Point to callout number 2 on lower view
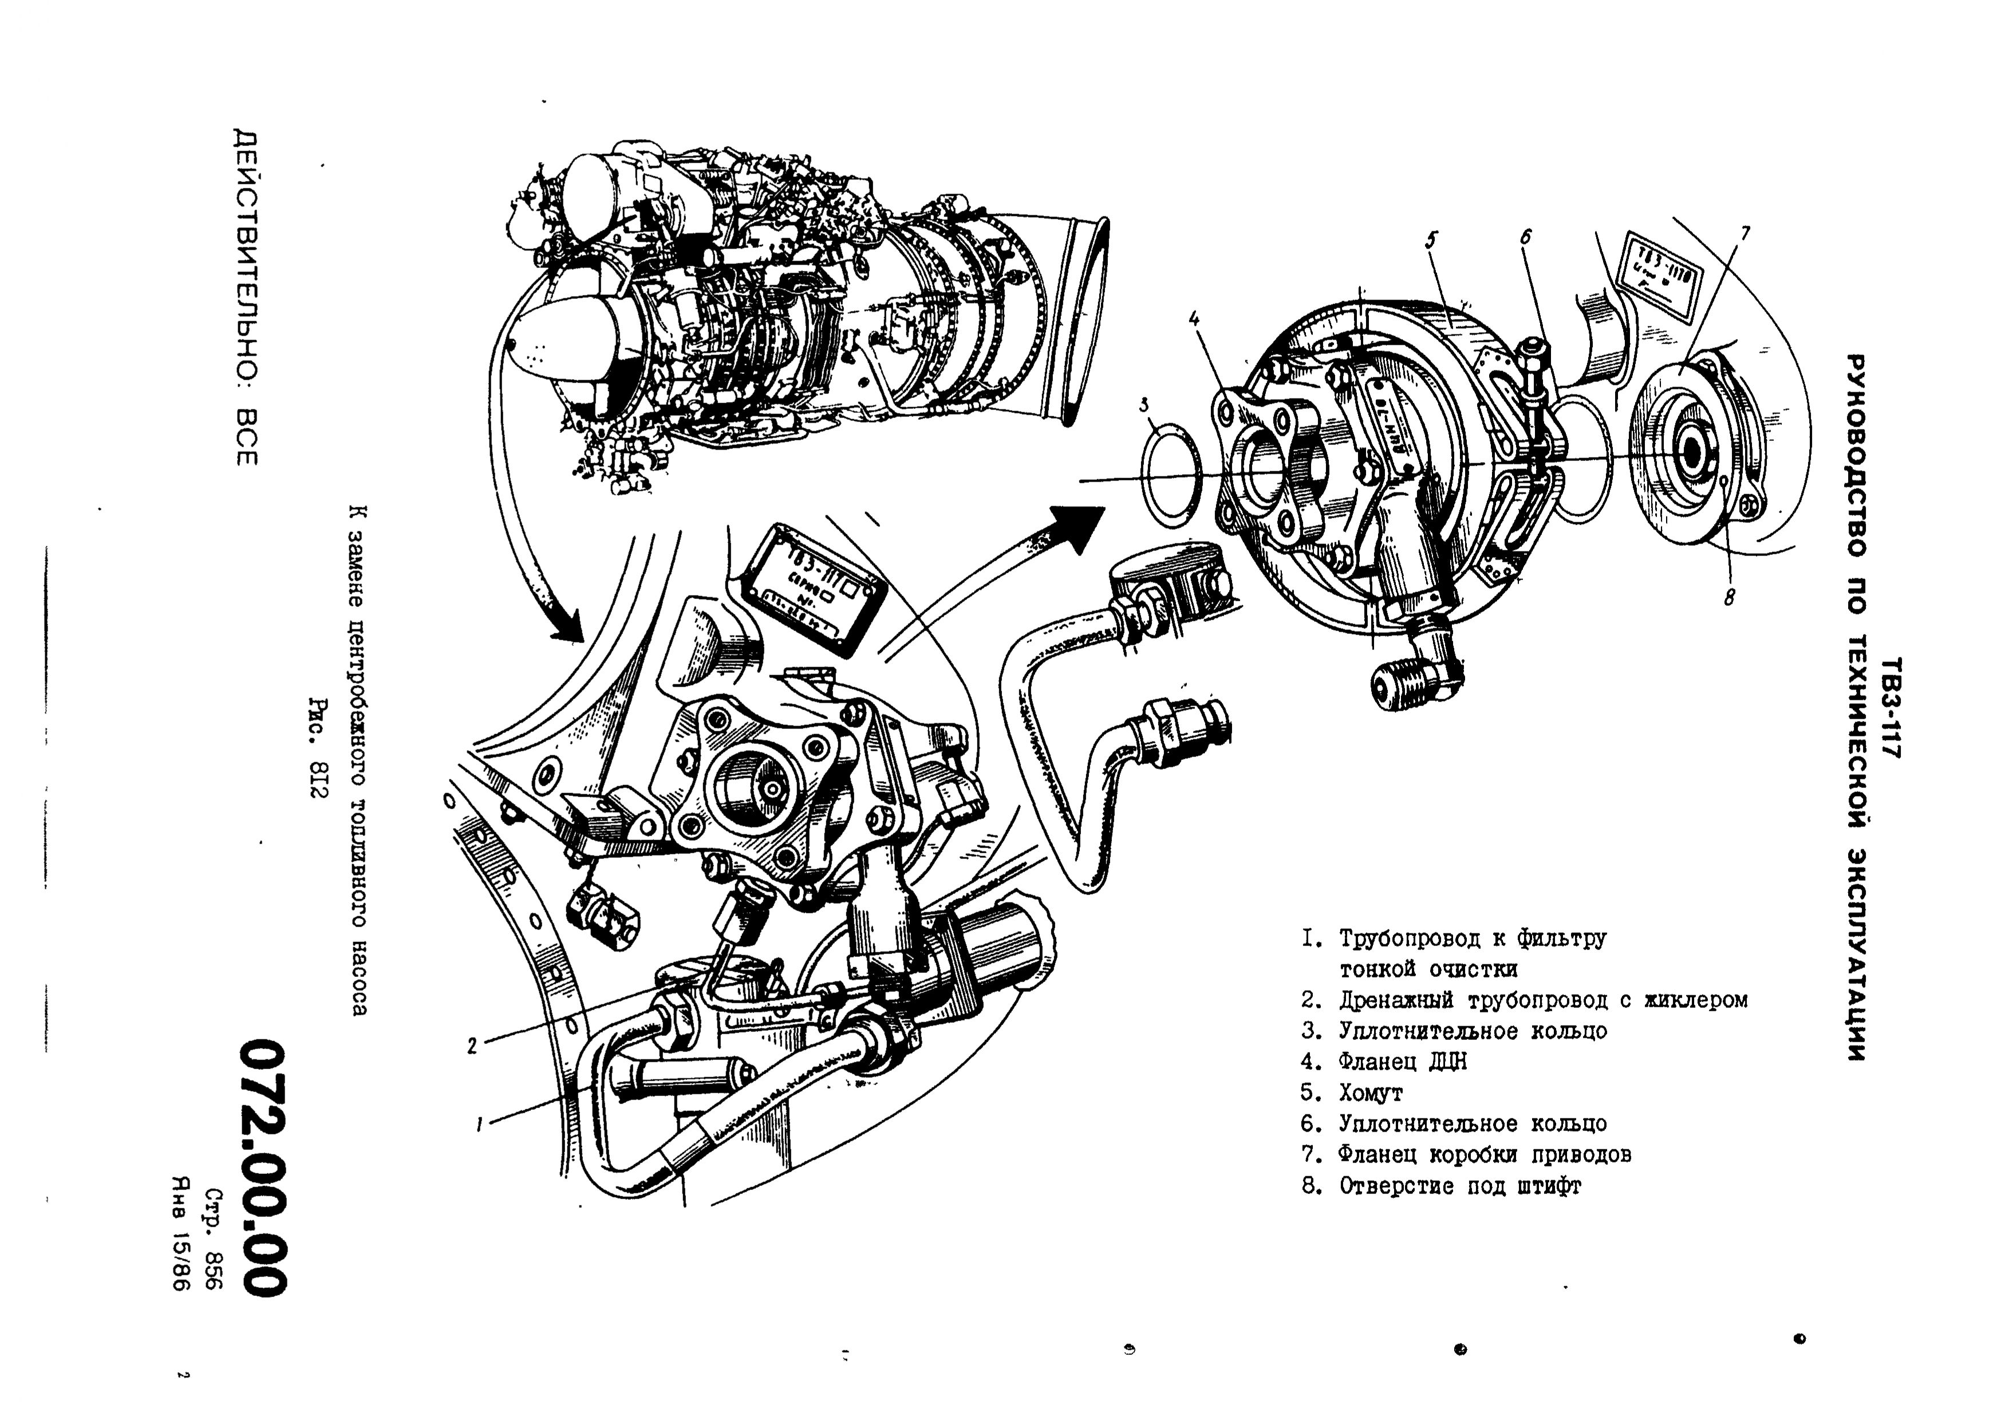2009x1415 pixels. [472, 1045]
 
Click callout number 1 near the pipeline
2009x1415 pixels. [480, 1125]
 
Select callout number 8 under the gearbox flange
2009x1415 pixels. [1729, 598]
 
